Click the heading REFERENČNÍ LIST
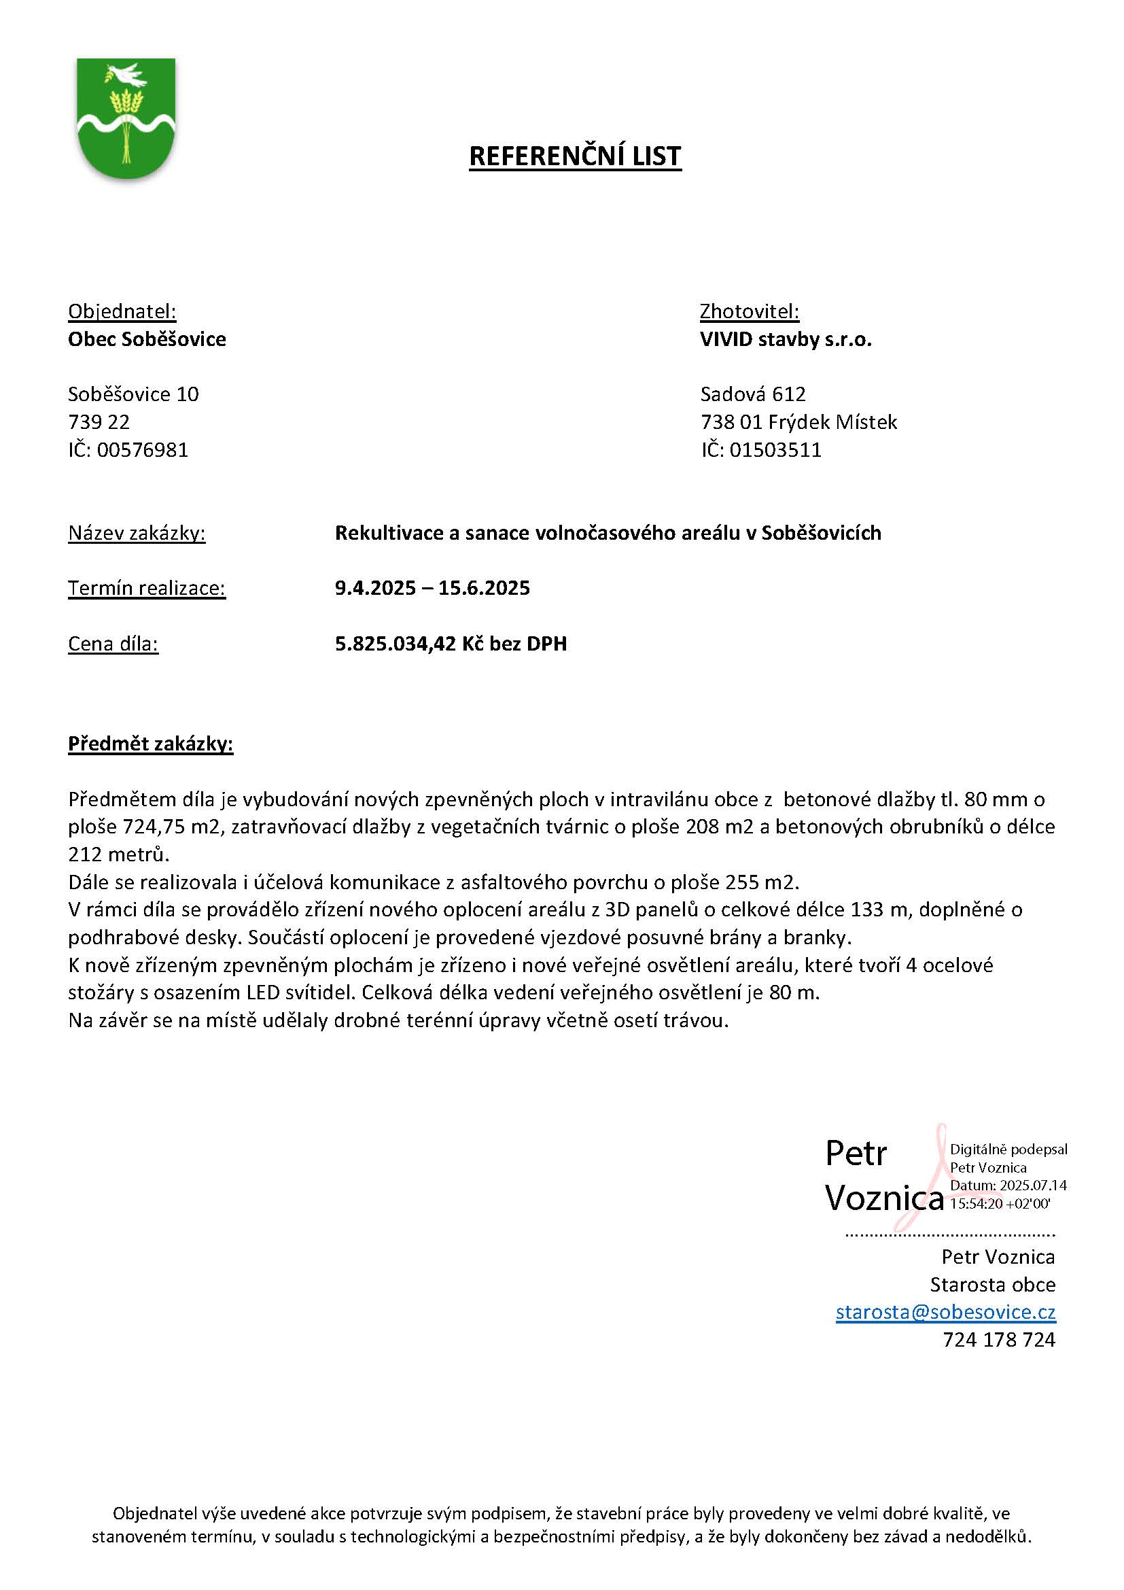pos(574,156)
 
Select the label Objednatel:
pos(122,311)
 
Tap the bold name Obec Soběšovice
pos(147,339)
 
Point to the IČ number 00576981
pos(143,450)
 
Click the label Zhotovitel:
pos(749,311)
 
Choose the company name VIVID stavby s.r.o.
pos(786,339)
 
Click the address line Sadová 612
pos(752,394)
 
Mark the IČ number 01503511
pos(775,450)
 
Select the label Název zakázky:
pos(137,533)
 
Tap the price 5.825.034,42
pos(396,644)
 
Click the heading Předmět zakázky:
pos(150,744)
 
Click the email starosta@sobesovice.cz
pos(945,1312)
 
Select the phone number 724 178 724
pos(998,1340)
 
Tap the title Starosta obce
pos(992,1285)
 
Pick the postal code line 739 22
pos(99,421)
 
